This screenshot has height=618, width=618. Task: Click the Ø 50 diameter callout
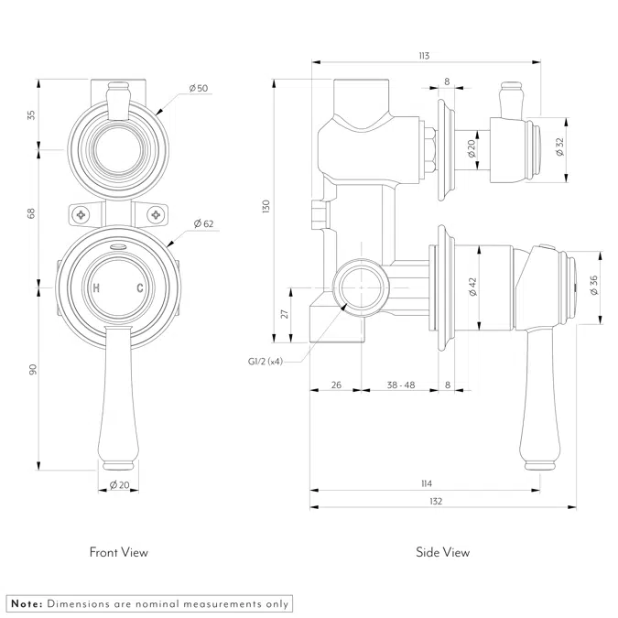(199, 89)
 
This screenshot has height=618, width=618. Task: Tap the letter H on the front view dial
(97, 288)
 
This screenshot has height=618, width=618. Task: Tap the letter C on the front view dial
(140, 288)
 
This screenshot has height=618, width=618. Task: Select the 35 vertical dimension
(31, 115)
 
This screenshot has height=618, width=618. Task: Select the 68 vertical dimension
(31, 213)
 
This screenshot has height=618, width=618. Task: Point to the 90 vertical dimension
(31, 369)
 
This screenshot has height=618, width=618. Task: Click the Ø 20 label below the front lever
(119, 484)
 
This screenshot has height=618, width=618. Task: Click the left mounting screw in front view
(81, 215)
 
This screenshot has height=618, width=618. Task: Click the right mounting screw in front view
(157, 215)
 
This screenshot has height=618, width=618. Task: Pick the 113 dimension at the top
(423, 57)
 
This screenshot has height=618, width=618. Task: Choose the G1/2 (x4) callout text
(265, 362)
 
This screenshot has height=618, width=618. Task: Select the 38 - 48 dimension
(400, 385)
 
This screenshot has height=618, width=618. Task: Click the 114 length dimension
(427, 483)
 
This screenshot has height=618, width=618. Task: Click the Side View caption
(443, 552)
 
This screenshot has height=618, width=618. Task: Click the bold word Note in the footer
(26, 603)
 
